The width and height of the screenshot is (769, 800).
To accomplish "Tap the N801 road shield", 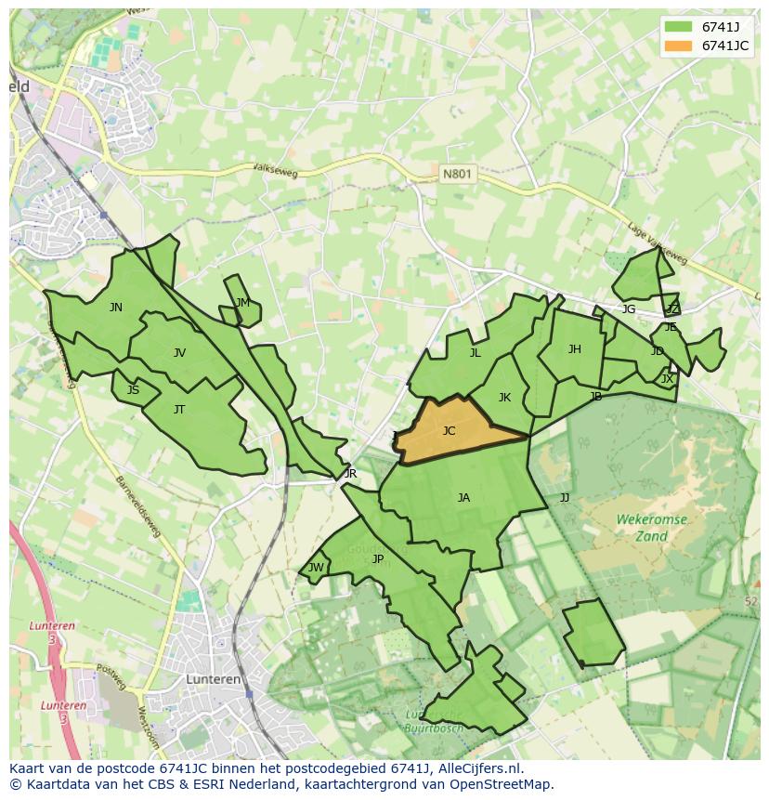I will coord(456,174).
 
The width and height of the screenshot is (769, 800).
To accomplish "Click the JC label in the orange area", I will coord(450,430).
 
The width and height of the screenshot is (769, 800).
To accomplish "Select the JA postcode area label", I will coord(463,497).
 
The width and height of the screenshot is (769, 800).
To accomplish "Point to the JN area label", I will coord(115,307).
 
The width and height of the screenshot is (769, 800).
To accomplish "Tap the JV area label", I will coord(179,352).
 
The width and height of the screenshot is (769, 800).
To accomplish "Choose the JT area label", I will coord(179,409).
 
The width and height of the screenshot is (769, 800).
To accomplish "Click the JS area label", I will coord(133,389).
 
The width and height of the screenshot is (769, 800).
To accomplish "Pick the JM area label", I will coord(242,302).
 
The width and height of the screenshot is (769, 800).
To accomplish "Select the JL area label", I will coord(475,352).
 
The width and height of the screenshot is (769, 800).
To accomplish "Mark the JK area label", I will coord(504,397).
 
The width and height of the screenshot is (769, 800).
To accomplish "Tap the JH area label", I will coord(574,349).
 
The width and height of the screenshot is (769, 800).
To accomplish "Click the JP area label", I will coord(378,558).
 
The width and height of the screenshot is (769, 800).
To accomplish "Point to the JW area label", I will coord(316,568).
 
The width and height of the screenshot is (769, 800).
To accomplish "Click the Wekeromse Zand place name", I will coord(652,528).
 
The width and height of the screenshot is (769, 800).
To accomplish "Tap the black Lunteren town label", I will coord(214,679).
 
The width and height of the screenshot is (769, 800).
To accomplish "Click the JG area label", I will coord(629,308).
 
